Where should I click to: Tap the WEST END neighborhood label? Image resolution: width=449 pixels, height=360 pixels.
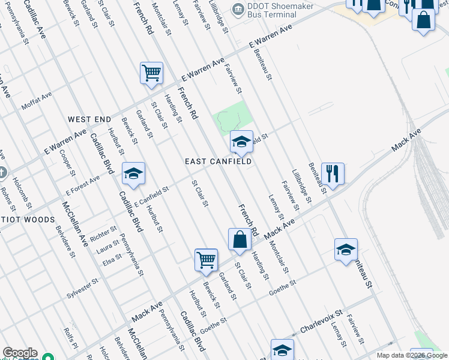point(89,119)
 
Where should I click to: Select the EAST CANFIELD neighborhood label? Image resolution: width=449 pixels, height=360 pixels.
point(217,161)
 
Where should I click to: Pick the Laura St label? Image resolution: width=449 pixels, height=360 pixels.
point(108,246)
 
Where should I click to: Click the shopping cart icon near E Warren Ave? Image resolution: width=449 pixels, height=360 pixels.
point(152,73)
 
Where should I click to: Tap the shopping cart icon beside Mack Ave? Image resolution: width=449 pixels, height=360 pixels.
point(206,260)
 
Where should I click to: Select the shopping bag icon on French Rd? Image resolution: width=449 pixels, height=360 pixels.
point(240,239)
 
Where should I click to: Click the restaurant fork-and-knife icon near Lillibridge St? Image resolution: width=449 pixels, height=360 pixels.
point(333,173)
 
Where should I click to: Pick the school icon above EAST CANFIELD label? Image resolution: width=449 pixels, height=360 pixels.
point(241,142)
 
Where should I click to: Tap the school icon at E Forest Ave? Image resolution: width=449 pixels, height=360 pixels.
point(133,173)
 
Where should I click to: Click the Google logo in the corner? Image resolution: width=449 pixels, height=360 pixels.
point(20,353)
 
